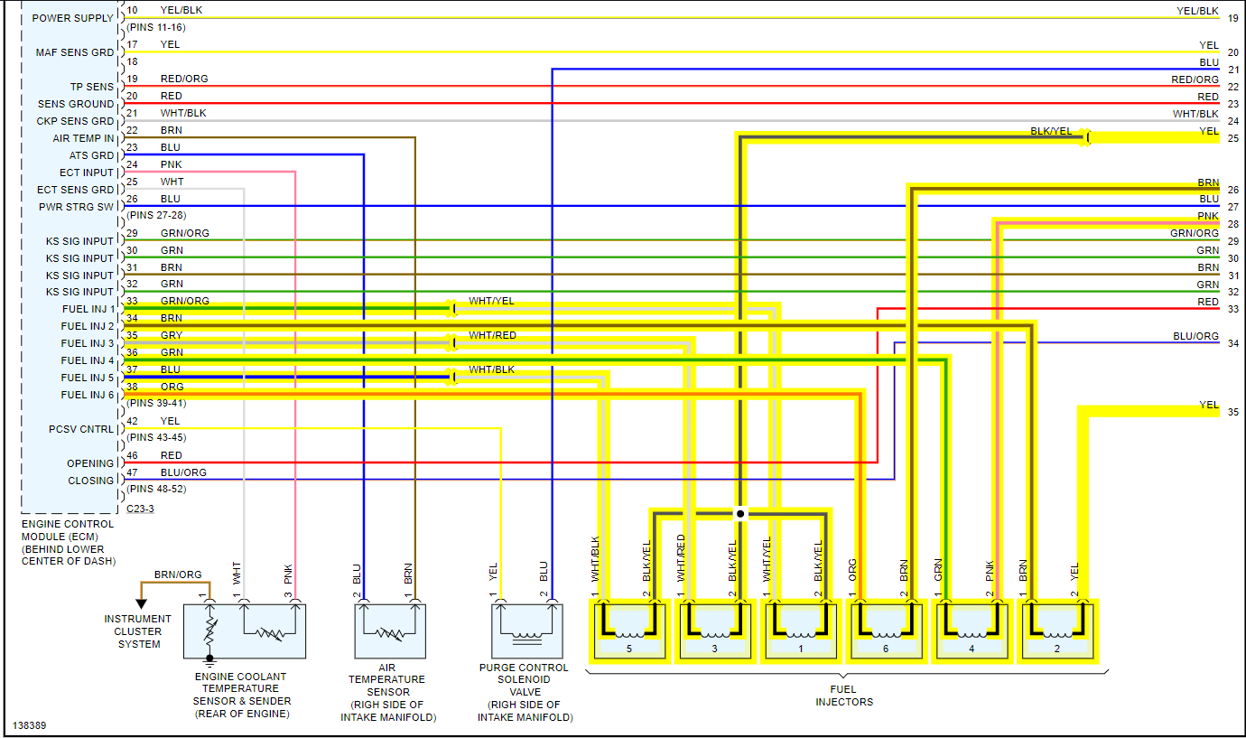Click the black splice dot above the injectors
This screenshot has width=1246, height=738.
coord(740,513)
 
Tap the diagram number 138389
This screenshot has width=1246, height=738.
coord(32,725)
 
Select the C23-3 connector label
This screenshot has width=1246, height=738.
coord(140,509)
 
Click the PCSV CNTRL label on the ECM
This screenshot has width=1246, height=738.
coord(81,429)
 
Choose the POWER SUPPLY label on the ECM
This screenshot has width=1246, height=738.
coord(72,18)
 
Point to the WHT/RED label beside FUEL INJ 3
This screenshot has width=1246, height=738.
coord(492,335)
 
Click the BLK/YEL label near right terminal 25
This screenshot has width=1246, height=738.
coord(1051,131)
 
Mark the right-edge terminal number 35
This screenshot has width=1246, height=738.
coord(1232,412)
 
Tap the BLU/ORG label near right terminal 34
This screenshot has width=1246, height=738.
coord(1195,336)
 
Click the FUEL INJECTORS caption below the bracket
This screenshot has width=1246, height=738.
coord(844,696)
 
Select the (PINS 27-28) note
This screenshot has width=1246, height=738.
coord(156,216)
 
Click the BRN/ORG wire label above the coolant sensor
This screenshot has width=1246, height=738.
coord(178,575)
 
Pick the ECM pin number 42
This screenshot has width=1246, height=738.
coord(132,421)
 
